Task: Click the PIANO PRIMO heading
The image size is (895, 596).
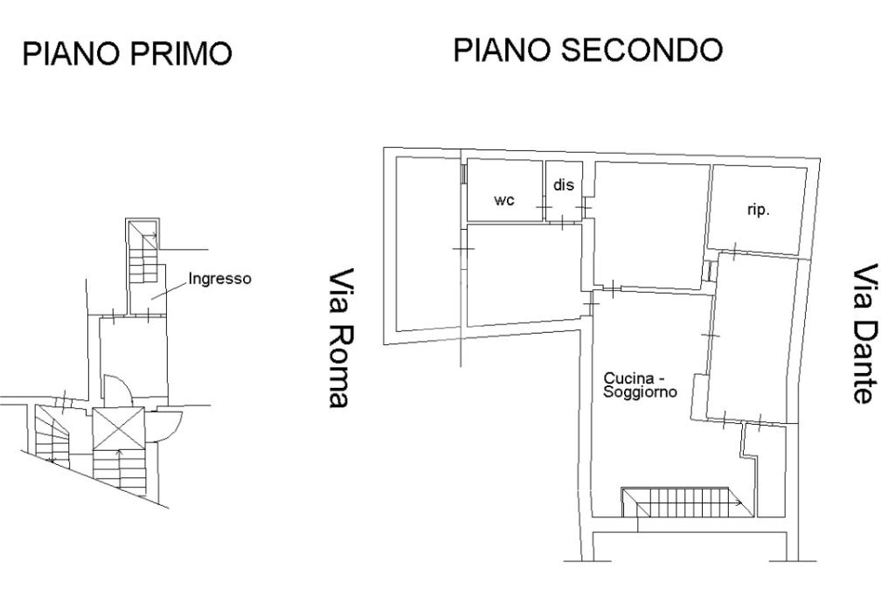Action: (127, 53)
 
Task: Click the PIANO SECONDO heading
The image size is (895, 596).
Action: (588, 50)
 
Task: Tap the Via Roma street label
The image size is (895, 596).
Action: (340, 337)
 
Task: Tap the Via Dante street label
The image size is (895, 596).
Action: (864, 334)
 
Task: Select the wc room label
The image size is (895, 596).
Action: (504, 200)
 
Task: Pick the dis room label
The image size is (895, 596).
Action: (564, 185)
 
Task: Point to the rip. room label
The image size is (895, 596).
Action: (759, 210)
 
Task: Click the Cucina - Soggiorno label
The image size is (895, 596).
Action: (640, 385)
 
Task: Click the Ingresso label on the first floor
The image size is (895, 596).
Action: (219, 279)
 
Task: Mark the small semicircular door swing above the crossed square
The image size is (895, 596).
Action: (118, 390)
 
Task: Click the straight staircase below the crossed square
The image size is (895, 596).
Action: (119, 471)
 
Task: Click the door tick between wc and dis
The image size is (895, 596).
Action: (544, 206)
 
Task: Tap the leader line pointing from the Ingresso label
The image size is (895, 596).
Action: (169, 290)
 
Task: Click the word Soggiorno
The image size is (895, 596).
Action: (640, 392)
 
